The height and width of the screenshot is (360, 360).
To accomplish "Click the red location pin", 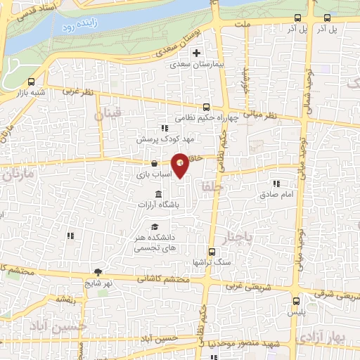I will tap(181, 165).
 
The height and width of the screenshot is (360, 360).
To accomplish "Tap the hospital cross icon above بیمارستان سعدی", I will tap(197, 53).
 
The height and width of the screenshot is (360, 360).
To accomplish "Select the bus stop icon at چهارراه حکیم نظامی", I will tap(206, 108).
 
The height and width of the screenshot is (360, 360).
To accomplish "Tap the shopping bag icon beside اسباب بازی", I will tap(154, 164).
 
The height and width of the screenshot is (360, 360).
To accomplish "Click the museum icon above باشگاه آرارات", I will tap(157, 193).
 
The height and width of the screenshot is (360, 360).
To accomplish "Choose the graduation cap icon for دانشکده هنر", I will tap(154, 226).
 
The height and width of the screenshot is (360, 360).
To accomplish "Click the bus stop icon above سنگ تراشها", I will tap(212, 251).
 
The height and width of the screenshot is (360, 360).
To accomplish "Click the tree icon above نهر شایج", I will tap(97, 272).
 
